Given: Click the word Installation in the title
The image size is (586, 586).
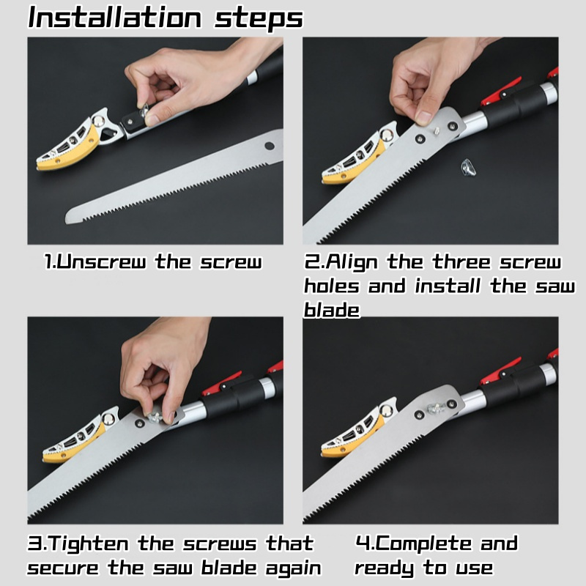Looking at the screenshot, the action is pyautogui.click(x=115, y=18).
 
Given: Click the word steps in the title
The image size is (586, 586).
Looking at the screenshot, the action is pyautogui.click(x=259, y=19).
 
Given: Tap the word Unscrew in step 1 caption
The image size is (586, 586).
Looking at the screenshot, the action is pyautogui.click(x=102, y=262).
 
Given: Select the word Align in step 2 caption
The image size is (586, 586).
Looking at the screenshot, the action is pyautogui.click(x=352, y=262).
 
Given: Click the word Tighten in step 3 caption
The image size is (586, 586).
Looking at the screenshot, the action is pyautogui.click(x=88, y=544).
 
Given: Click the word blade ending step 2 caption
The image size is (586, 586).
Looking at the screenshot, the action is pyautogui.click(x=332, y=310).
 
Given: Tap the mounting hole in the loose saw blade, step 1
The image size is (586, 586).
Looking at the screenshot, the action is pyautogui.click(x=269, y=146).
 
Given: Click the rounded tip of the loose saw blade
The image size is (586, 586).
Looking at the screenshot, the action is pyautogui.click(x=70, y=217).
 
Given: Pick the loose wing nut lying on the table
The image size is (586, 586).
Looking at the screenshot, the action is pyautogui.click(x=468, y=167).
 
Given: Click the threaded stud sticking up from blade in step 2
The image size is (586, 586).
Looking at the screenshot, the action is pyautogui.click(x=436, y=132).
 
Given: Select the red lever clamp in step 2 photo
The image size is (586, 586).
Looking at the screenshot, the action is pyautogui.click(x=501, y=91).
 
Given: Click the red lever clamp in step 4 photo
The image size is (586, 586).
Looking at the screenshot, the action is pyautogui.click(x=501, y=371).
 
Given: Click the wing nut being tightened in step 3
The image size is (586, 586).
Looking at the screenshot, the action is pyautogui.click(x=155, y=417).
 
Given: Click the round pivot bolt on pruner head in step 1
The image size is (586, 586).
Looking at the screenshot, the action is pyautogui.click(x=98, y=121).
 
